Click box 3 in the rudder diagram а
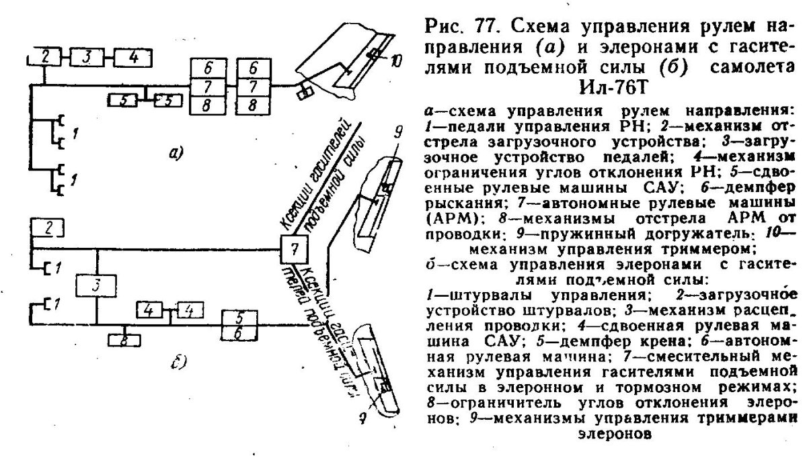click(x=90, y=57)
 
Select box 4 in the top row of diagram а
click(x=133, y=57)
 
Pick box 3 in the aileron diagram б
click(x=96, y=285)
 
